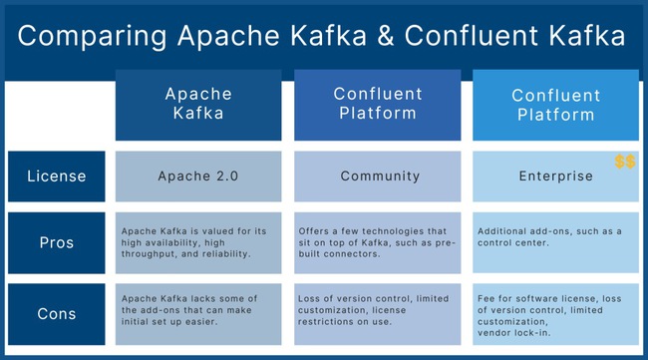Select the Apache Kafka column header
coord(197,104)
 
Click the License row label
coord(56,176)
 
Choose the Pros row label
coord(56,241)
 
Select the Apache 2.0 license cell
coord(197,176)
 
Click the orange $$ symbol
coord(624,162)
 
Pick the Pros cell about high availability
coord(197,241)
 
